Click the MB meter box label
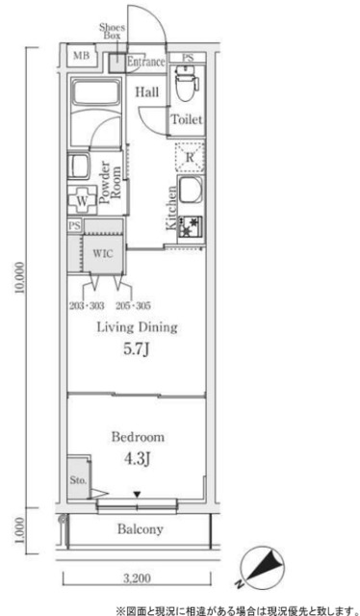click(82, 56)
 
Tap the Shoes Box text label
click(112, 32)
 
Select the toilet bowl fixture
click(186, 84)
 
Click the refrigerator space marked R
click(190, 158)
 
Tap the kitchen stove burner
click(191, 227)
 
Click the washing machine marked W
click(82, 200)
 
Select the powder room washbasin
click(78, 167)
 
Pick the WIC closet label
click(103, 253)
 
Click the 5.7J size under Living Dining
click(136, 348)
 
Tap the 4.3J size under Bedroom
click(137, 458)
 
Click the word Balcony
click(140, 529)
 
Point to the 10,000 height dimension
click(20, 277)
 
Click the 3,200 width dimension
click(136, 577)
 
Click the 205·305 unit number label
click(134, 305)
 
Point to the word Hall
click(147, 92)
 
